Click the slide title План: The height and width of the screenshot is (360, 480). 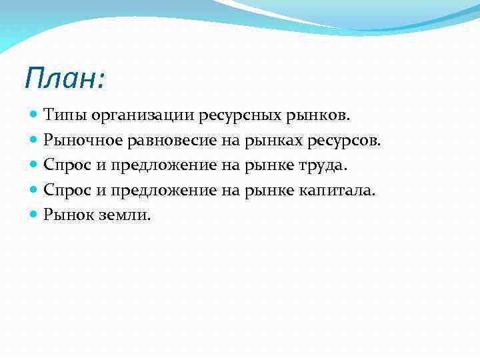(x=64, y=79)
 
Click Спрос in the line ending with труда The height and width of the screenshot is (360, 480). (x=67, y=165)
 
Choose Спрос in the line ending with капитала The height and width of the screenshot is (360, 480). (x=67, y=190)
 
